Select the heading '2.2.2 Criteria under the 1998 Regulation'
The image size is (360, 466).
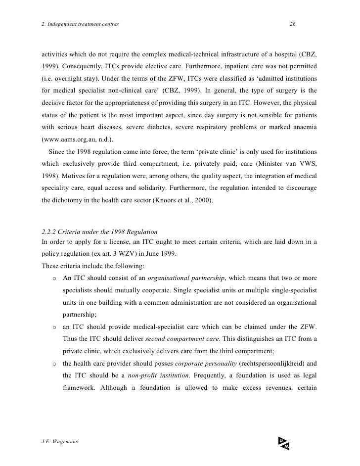click(100, 232)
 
